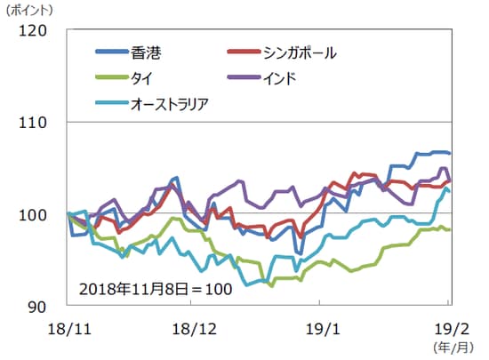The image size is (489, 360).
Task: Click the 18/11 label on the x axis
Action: pos(67,327)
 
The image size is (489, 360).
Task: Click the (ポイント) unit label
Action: pos(30,10)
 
